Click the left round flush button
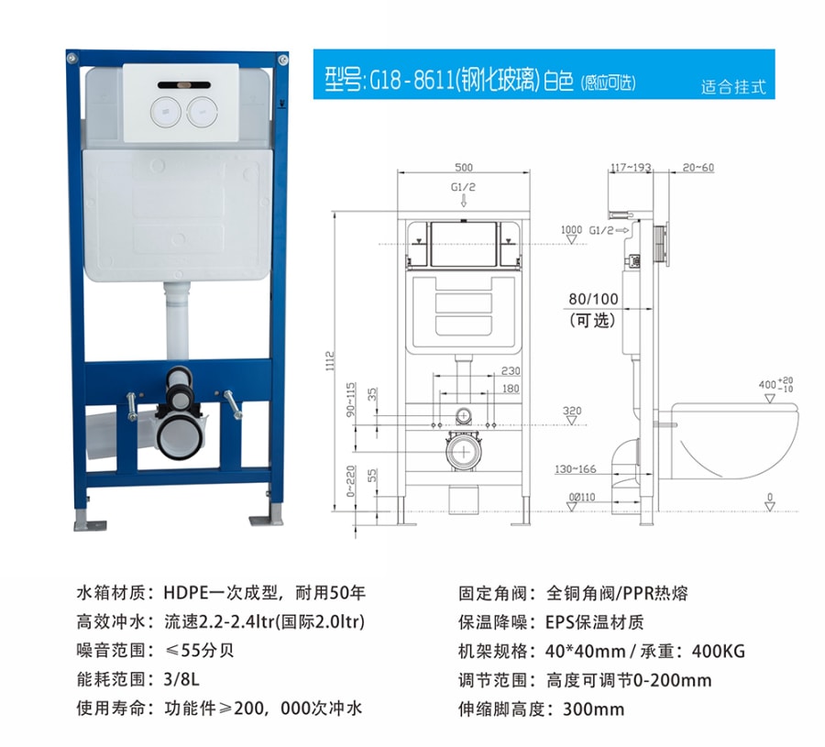click(166, 111)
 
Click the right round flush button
click(202, 111)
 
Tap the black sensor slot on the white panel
click(184, 84)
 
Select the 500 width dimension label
click(464, 168)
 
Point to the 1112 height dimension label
click(330, 361)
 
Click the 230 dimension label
click(511, 371)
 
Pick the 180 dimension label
click(511, 389)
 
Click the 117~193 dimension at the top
click(631, 168)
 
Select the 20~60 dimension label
click(698, 168)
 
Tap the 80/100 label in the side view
click(593, 299)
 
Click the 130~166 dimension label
click(576, 468)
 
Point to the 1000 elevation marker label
click(571, 229)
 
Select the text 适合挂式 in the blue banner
click(733, 87)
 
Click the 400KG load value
click(719, 652)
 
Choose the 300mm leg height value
click(593, 709)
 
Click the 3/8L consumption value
click(181, 679)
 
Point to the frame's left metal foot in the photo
click(90, 522)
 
